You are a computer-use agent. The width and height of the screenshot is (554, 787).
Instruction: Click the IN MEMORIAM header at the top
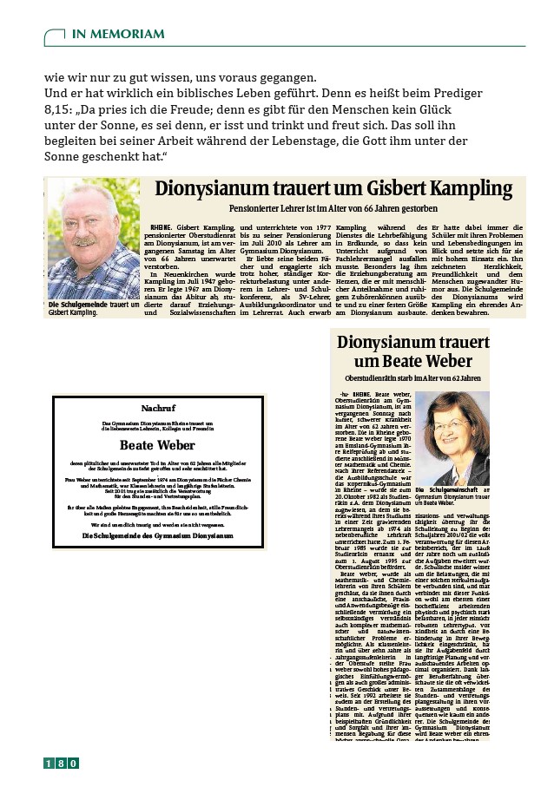click(117, 34)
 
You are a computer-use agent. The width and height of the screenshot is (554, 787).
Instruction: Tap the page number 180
click(62, 763)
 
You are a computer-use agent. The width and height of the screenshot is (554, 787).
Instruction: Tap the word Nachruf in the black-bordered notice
click(158, 407)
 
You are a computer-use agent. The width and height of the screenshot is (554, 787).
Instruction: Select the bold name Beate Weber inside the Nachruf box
click(158, 445)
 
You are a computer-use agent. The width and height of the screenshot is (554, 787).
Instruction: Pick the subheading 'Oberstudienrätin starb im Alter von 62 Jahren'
click(412, 378)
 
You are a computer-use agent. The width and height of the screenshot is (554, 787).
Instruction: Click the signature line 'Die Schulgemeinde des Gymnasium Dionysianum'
click(158, 536)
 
